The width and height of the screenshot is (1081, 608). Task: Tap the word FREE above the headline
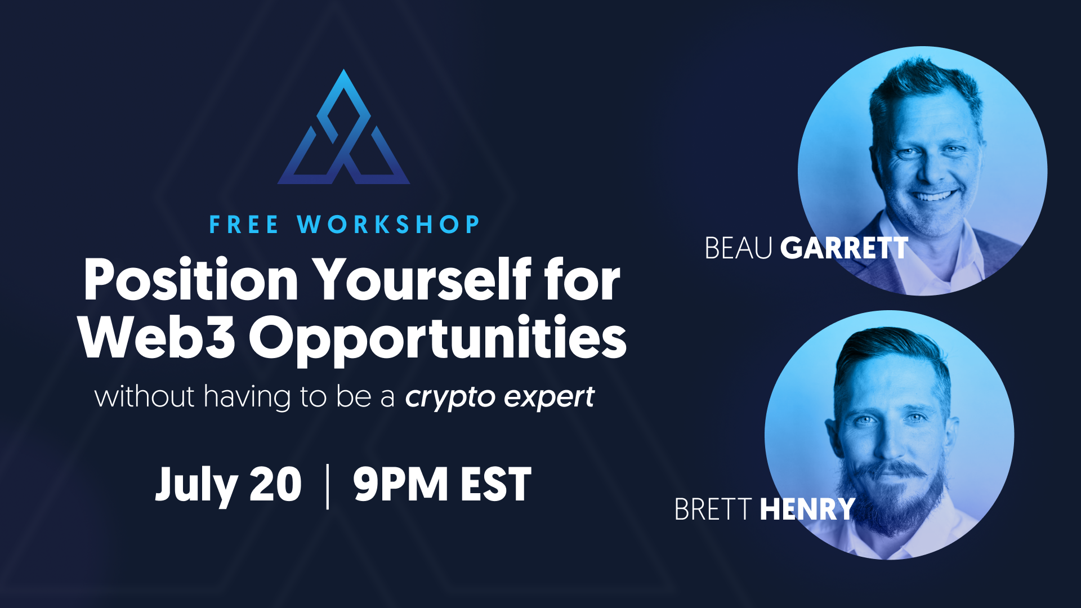244,225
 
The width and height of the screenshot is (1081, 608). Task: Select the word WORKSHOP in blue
388,225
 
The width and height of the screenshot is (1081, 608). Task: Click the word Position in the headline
191,280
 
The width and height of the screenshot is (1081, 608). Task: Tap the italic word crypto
450,398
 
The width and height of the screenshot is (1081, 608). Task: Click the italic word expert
550,398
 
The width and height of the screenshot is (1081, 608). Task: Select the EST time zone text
496,484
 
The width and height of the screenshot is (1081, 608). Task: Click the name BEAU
738,248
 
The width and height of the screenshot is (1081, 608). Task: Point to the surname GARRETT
844,248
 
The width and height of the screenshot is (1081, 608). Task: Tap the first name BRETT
713,509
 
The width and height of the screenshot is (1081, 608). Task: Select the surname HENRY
807,509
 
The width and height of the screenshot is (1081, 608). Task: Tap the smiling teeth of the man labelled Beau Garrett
933,196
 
